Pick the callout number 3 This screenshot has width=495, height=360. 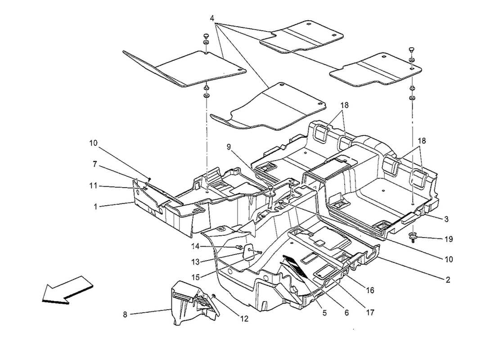[x=446, y=219]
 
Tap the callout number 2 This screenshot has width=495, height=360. [x=448, y=279]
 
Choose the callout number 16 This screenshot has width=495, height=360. [x=370, y=291]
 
